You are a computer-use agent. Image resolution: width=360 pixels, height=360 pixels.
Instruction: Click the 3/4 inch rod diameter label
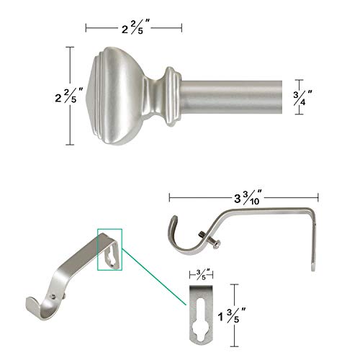click(x=302, y=97)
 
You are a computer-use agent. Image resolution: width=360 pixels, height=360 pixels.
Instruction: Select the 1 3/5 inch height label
click(x=232, y=315)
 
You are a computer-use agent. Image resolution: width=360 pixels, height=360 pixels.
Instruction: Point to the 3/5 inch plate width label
click(x=203, y=274)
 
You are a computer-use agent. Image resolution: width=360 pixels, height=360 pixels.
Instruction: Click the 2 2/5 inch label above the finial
click(x=135, y=27)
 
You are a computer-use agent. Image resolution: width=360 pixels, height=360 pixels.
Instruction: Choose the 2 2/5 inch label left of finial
click(x=69, y=95)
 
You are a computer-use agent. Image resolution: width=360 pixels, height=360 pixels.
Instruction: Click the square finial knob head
click(x=117, y=96)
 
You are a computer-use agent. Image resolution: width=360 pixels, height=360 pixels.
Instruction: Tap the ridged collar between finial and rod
click(x=173, y=96)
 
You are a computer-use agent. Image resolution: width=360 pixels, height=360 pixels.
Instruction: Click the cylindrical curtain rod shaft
click(x=232, y=97)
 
